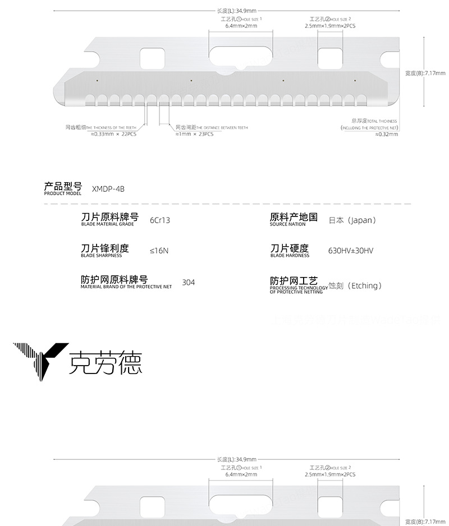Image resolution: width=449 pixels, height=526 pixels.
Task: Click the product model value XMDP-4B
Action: [108, 188]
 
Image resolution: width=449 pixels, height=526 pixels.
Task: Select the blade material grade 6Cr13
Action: [160, 220]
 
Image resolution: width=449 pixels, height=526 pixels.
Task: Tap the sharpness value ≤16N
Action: [159, 251]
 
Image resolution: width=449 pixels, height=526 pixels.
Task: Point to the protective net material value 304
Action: [189, 282]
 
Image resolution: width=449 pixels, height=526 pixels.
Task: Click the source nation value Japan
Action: [352, 220]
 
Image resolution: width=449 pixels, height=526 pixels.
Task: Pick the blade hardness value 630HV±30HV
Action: [351, 251]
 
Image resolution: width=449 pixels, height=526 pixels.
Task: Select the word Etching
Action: [365, 285]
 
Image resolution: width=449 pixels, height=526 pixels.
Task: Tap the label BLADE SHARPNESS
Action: [102, 256]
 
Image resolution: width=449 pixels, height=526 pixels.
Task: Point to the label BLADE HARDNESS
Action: [290, 256]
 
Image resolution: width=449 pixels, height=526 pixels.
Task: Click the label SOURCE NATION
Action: [288, 224]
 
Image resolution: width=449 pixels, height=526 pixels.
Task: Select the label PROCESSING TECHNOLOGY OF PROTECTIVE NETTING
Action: [298, 290]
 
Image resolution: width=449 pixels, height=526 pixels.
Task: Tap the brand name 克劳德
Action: [105, 362]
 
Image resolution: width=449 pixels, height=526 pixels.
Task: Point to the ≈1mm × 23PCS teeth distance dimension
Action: [195, 134]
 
